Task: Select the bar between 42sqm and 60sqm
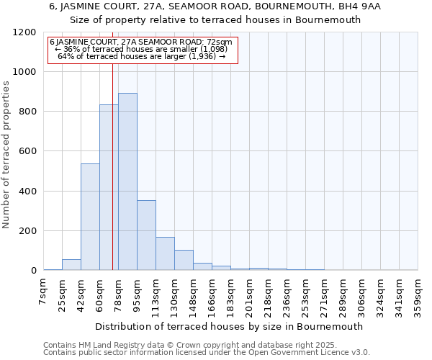coord(90,217)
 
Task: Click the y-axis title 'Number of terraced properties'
coord(6,155)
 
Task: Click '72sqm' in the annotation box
coord(219,42)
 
